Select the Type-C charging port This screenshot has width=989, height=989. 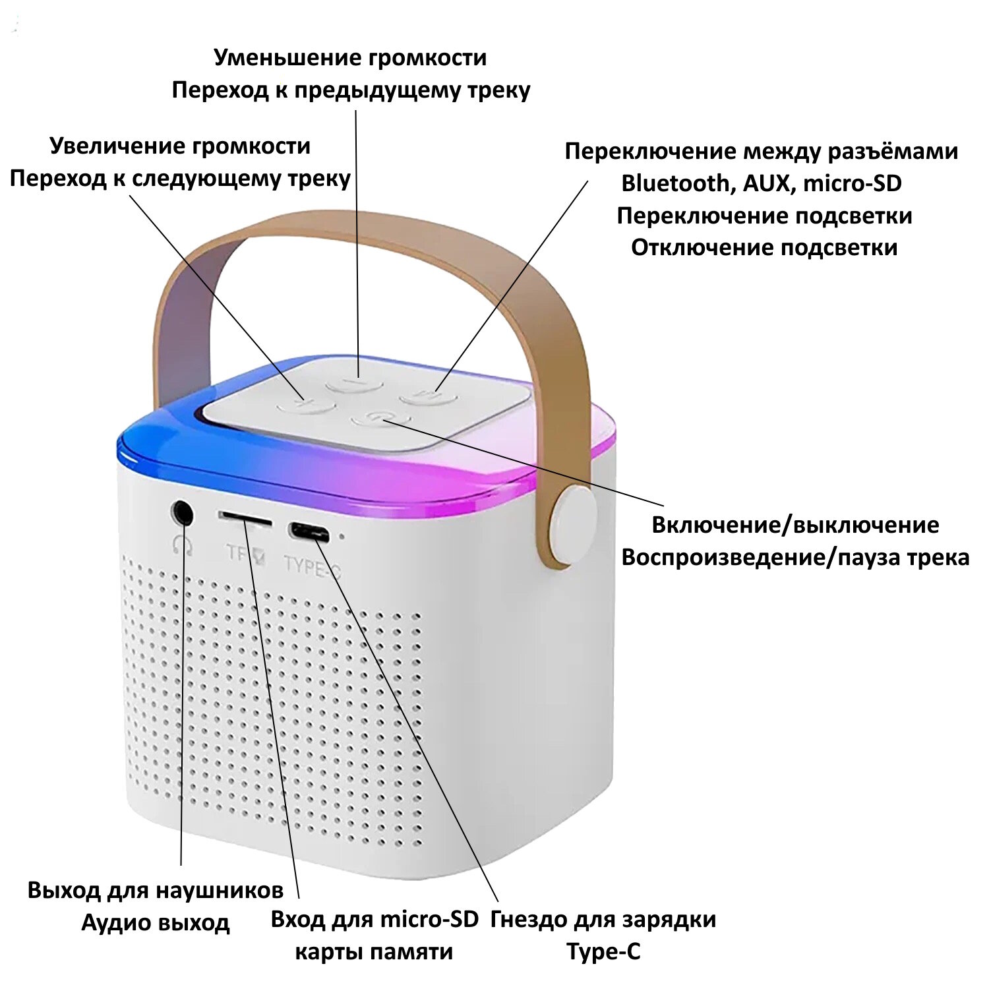coord(309,531)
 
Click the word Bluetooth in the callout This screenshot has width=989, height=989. coord(675,183)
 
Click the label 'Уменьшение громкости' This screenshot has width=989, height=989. coord(350,58)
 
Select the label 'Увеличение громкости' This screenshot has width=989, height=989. coord(180,146)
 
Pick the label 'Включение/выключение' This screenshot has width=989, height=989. coord(795,525)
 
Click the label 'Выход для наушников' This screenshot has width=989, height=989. coord(156,890)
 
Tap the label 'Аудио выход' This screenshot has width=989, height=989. coord(156,922)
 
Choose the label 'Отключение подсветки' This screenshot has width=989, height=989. coord(764,248)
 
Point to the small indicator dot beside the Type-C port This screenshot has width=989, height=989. coord(342,535)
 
